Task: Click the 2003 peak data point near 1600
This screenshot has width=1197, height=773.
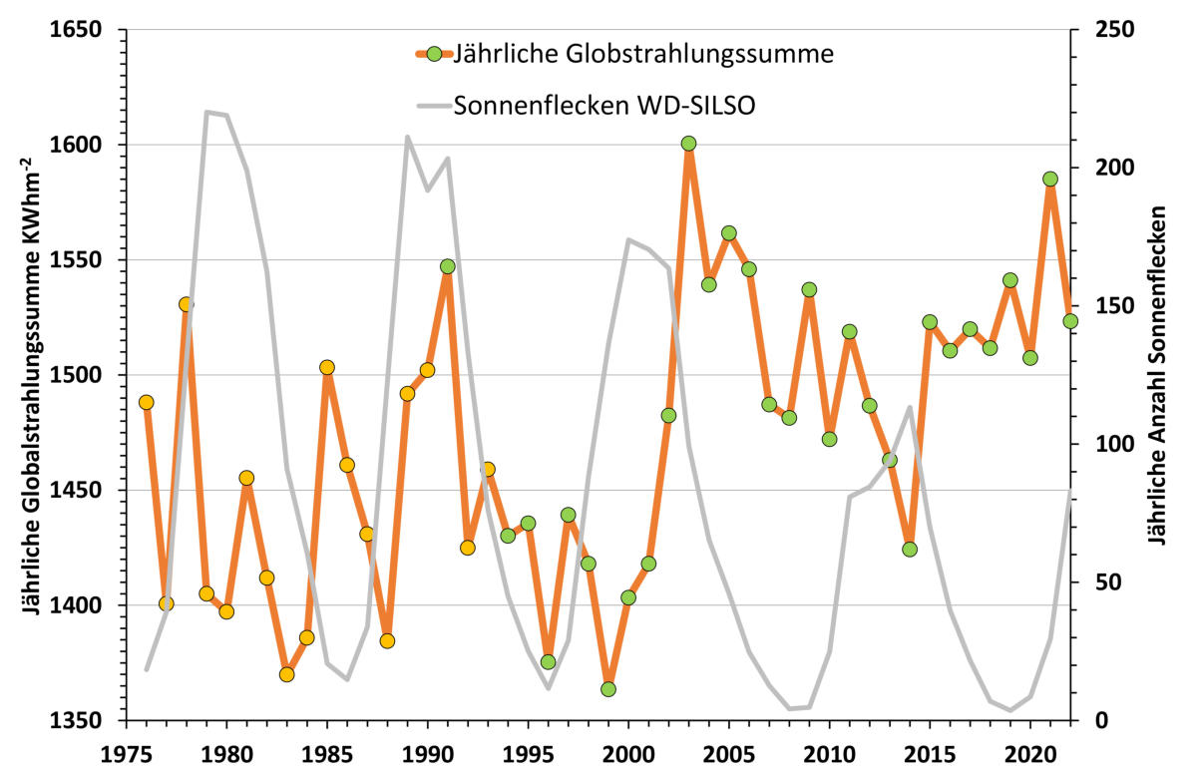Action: [x=688, y=144]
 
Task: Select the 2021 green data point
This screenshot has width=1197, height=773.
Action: [x=1049, y=180]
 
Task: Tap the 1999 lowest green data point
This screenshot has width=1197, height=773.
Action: [x=608, y=689]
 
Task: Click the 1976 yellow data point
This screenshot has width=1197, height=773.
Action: [x=147, y=402]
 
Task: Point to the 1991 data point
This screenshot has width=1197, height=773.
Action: [x=448, y=267]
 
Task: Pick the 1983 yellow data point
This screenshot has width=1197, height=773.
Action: [x=286, y=674]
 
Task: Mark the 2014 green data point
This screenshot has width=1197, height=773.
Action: [x=909, y=550]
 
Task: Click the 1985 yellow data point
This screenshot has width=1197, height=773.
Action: [x=327, y=367]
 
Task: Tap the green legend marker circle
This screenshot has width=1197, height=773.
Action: [x=434, y=54]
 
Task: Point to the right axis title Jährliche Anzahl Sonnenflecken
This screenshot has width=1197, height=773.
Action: [x=1157, y=374]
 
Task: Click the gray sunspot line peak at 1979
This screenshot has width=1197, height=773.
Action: [x=206, y=112]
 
